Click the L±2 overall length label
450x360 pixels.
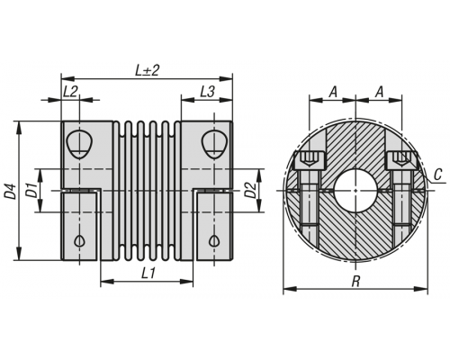pyautogui.click(x=147, y=71)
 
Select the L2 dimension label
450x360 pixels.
pyautogui.click(x=70, y=92)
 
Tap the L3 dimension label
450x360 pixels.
pyautogui.click(x=207, y=92)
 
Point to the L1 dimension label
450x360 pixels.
pyautogui.click(x=148, y=274)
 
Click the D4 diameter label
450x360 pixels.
pyautogui.click(x=11, y=192)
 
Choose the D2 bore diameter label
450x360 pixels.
pyautogui.click(x=250, y=190)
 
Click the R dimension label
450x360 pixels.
pyautogui.click(x=355, y=282)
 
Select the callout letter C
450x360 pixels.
pyautogui.click(x=438, y=175)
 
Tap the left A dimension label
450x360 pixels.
pyautogui.click(x=333, y=92)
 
